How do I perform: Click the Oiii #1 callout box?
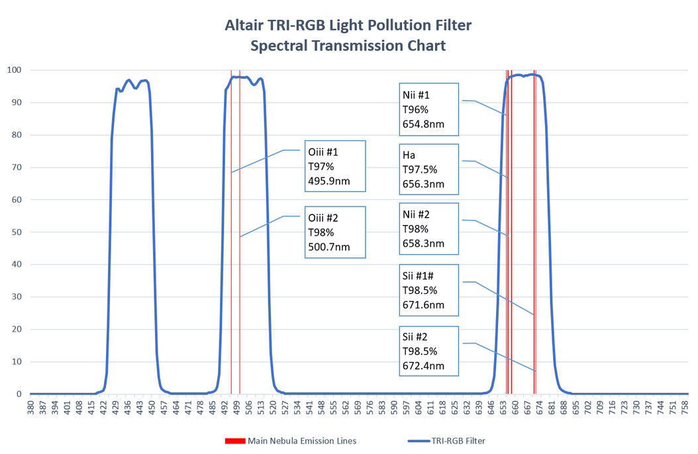(335, 166)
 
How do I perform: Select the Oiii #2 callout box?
(335, 233)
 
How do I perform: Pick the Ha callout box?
(428, 169)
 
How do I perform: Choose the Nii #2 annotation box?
(428, 229)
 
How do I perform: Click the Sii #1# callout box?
(428, 290)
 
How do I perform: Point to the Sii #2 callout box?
(428, 351)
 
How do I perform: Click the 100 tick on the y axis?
(15, 69)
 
